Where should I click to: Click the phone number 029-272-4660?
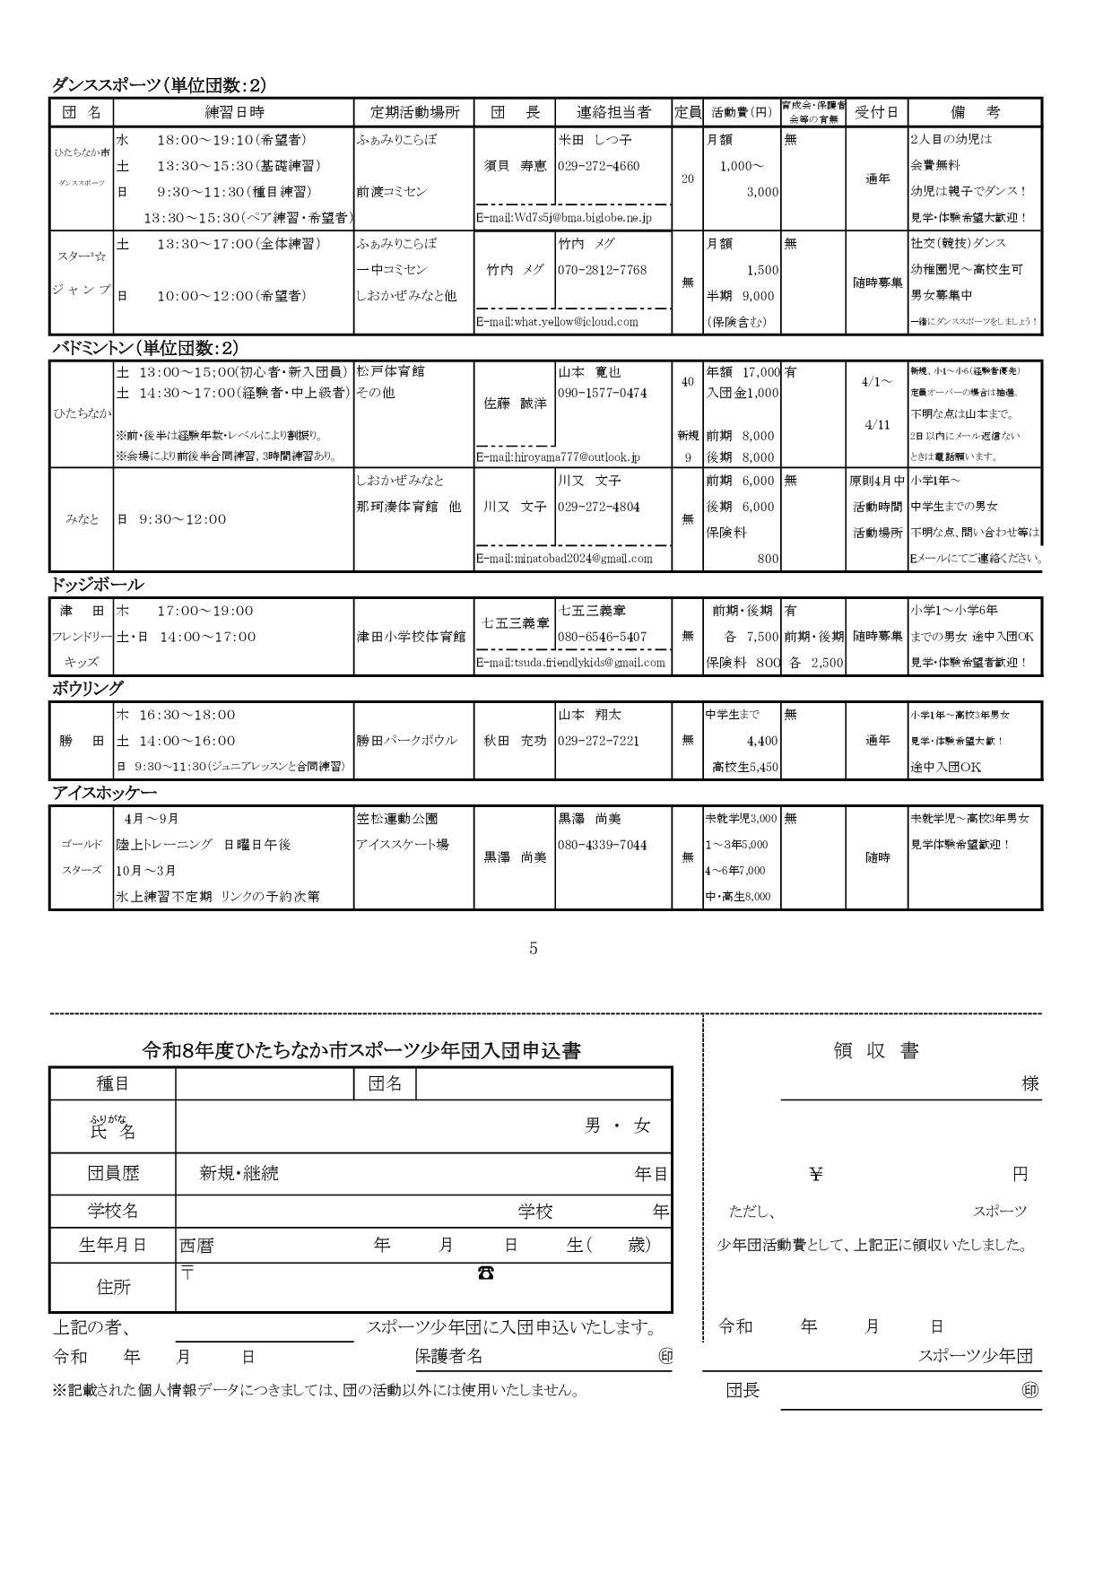[x=598, y=166]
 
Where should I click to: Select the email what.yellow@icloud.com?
[x=557, y=322]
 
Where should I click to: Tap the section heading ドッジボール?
[x=97, y=585]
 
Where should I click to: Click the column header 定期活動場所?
[x=414, y=113]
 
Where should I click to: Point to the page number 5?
[x=534, y=948]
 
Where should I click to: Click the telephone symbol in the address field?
[x=485, y=1273]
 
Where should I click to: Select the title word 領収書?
[x=876, y=1051]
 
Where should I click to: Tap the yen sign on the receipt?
[x=815, y=1174]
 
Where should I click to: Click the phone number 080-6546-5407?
[x=602, y=637]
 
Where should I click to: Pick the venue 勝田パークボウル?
[x=406, y=741]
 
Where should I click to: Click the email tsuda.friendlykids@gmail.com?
[x=570, y=663]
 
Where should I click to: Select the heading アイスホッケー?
[x=104, y=794]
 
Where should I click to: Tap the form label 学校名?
[x=113, y=1212]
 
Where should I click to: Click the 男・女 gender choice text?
[x=617, y=1126]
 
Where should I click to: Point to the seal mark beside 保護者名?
[x=665, y=1357]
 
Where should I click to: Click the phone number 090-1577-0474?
[x=602, y=393]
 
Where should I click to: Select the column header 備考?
[x=975, y=113]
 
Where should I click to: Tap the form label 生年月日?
[x=113, y=1246]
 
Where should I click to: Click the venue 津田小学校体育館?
[x=411, y=637]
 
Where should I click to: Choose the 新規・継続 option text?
[x=239, y=1174]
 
